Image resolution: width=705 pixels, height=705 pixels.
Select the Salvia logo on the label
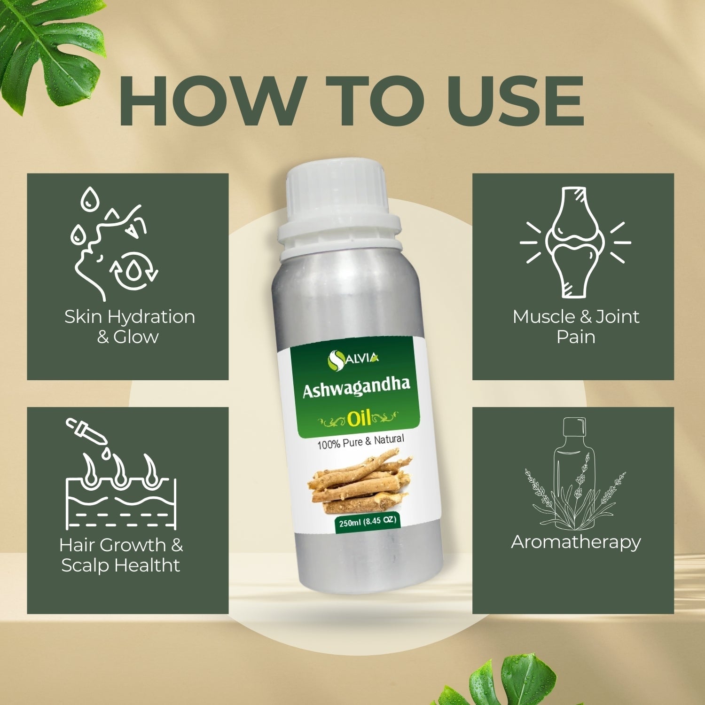click(353, 360)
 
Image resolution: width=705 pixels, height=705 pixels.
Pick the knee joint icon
click(575, 242)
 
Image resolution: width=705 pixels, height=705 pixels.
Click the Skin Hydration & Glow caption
click(129, 327)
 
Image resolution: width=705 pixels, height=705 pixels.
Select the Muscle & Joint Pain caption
click(576, 327)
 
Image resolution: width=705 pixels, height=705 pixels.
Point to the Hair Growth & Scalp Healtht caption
click(121, 555)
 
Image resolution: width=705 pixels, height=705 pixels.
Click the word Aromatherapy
click(576, 542)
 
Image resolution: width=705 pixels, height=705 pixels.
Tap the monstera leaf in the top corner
click(52, 45)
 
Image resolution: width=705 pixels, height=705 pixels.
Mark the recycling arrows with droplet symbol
click(134, 270)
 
